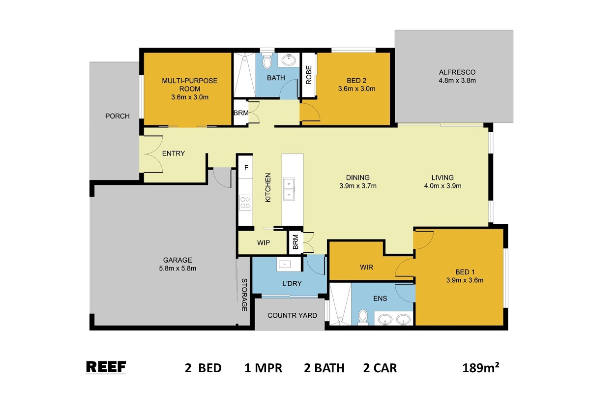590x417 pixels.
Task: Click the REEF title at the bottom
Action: (106, 367)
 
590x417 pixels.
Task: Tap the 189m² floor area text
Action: (481, 368)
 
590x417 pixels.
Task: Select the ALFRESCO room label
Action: (457, 72)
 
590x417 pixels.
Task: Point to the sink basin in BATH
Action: (289, 60)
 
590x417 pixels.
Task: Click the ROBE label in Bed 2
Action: (309, 75)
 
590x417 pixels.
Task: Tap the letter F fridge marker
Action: (246, 168)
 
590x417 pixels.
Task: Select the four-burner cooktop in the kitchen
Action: (245, 203)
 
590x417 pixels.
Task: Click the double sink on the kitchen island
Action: (289, 189)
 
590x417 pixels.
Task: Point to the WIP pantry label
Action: (264, 242)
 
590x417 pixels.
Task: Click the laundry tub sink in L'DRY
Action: (285, 264)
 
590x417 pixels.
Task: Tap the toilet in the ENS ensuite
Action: (363, 317)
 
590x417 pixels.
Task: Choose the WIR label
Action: (366, 268)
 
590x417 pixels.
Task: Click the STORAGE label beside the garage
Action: (244, 295)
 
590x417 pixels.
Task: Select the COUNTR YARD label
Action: (292, 315)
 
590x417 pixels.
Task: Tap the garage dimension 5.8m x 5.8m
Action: (177, 268)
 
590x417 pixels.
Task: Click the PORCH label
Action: (118, 116)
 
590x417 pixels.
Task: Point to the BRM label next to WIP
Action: (295, 242)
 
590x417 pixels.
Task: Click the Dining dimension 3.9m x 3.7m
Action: (358, 186)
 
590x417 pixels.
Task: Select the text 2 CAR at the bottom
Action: (380, 368)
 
